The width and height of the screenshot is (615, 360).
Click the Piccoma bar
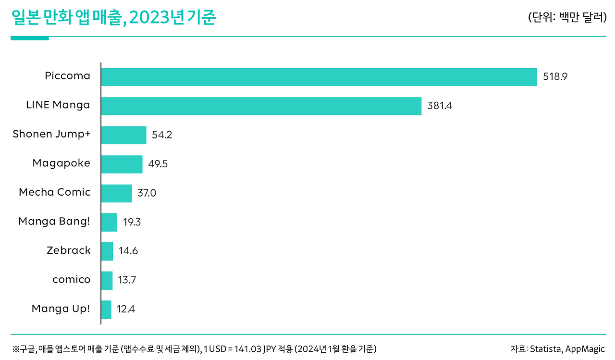319,77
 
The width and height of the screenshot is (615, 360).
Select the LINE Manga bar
261,106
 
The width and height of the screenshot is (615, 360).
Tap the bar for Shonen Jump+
124,135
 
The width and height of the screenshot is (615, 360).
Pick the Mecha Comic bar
117,193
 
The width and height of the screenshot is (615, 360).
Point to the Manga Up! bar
107,310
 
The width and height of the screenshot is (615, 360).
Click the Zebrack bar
108,251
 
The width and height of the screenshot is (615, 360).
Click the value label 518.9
555,77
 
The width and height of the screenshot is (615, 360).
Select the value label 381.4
439,106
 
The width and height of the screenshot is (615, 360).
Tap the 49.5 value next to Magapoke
158,164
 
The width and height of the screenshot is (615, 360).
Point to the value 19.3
132,223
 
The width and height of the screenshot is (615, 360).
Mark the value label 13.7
127,280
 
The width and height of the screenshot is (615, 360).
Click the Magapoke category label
61,163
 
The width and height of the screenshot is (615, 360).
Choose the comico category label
71,280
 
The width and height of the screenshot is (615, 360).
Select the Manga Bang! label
54,222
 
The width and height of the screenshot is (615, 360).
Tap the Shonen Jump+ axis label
51,134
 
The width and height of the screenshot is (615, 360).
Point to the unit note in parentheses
567,18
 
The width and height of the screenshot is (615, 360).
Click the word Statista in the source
545,349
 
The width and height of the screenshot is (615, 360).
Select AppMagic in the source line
585,349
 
